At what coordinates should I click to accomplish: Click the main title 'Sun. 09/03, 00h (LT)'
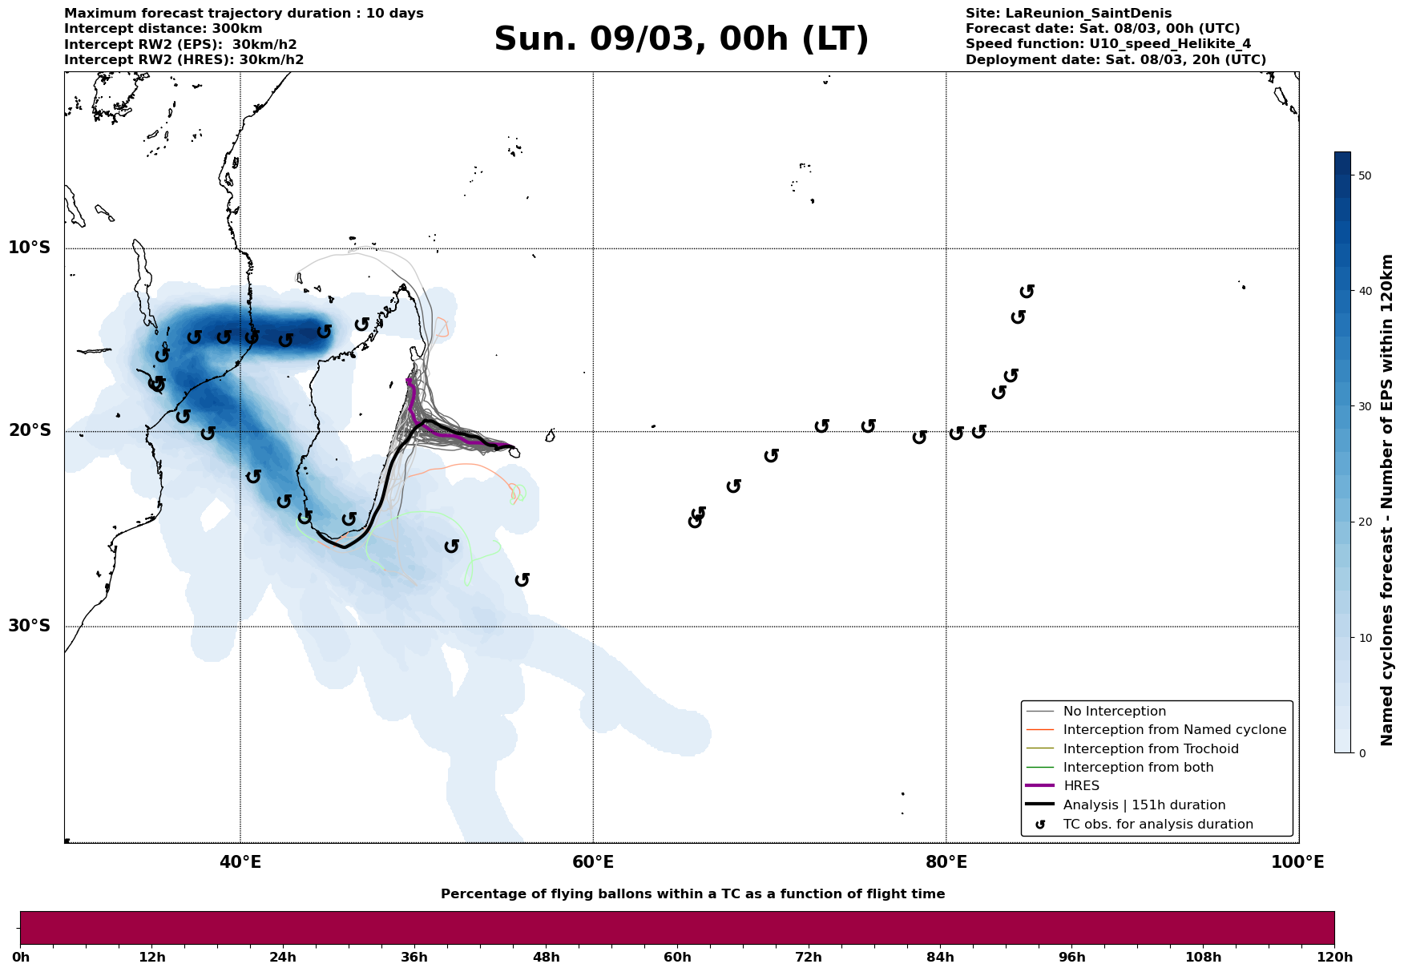[681, 39]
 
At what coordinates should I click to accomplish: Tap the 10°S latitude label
[30, 248]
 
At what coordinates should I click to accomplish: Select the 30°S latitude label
[30, 626]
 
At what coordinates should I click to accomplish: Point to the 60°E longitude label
[593, 862]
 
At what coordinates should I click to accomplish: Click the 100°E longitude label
[1298, 862]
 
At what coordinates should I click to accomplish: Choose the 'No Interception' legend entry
[1114, 712]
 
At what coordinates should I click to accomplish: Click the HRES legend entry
[1081, 786]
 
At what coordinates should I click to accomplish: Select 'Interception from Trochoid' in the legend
[1150, 749]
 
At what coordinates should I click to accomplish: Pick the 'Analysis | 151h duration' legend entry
[1144, 805]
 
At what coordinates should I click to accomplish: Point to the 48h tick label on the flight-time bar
[546, 958]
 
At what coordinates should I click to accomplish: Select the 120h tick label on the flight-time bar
[1334, 958]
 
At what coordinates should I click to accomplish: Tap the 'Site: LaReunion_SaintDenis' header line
[1068, 14]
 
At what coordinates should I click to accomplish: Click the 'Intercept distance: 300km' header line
[163, 29]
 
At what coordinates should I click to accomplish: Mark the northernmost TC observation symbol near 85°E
[1027, 291]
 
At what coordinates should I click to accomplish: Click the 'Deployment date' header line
[1116, 60]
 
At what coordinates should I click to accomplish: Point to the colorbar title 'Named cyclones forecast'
[1388, 500]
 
